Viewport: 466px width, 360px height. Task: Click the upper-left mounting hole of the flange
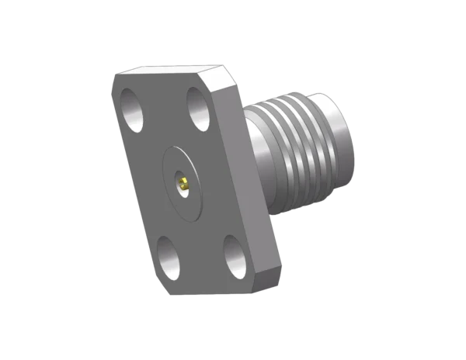[x=132, y=108]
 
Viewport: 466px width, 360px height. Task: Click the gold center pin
[x=184, y=185]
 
